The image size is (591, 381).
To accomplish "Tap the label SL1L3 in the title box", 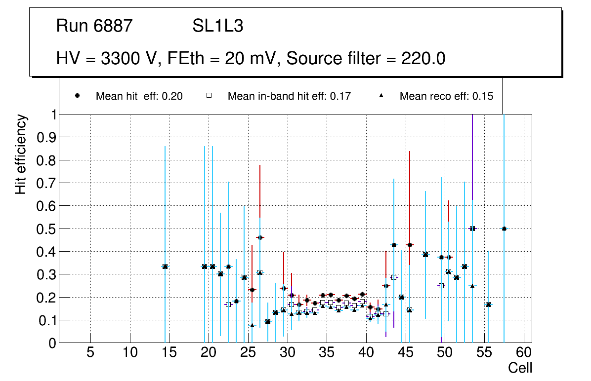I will pyautogui.click(x=218, y=26).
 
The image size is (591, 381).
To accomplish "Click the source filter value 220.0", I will pyautogui.click(x=422, y=59).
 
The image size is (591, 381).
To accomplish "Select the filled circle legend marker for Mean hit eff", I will pyautogui.click(x=77, y=96).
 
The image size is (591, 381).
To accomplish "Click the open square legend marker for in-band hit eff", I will pyautogui.click(x=209, y=96).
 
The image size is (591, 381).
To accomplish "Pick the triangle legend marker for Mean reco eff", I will pyautogui.click(x=381, y=96).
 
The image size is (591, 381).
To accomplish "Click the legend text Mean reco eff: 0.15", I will pyautogui.click(x=446, y=96).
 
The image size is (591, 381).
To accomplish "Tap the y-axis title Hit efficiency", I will pyautogui.click(x=20, y=154).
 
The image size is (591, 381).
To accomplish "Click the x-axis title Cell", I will pyautogui.click(x=520, y=368).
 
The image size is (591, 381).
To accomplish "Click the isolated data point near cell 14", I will pyautogui.click(x=165, y=267).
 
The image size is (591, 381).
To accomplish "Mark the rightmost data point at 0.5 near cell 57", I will pyautogui.click(x=504, y=229).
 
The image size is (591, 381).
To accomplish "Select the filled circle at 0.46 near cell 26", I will pyautogui.click(x=260, y=237).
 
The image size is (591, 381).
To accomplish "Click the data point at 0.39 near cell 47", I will pyautogui.click(x=425, y=255).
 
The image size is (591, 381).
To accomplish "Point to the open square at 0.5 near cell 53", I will pyautogui.click(x=472, y=229).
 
